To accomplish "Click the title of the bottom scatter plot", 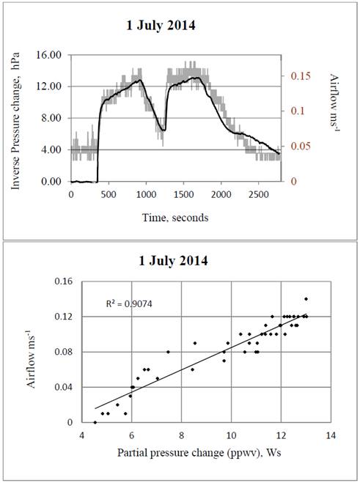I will tap(180, 261).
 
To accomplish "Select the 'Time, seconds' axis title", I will tap(175, 218).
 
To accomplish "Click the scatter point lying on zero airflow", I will tap(95, 422).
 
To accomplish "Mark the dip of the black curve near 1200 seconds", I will tap(164, 130).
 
